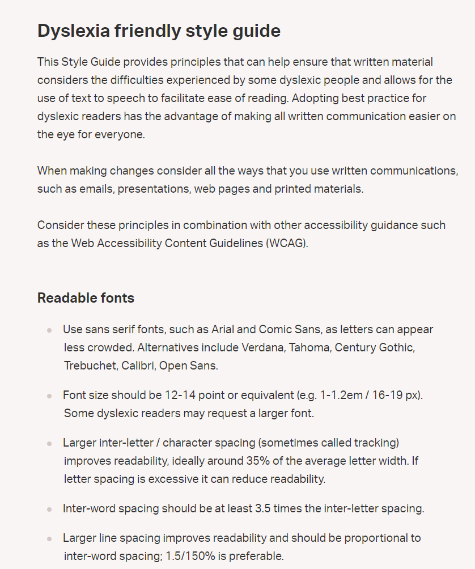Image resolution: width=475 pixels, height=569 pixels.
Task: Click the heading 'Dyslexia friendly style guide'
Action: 159,31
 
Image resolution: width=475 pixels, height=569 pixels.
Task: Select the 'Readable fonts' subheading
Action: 86,298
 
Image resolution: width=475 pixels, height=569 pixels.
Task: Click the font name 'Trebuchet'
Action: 90,366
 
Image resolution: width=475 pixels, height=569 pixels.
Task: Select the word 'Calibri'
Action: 137,366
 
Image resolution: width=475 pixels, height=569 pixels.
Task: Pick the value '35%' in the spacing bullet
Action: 257,461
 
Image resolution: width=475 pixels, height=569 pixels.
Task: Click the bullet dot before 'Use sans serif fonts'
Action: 49,330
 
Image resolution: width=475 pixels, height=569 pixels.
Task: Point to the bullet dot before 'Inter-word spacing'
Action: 49,509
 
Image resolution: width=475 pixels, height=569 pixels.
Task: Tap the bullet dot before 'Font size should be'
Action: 49,396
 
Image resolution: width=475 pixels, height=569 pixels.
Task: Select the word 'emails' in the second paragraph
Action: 95,189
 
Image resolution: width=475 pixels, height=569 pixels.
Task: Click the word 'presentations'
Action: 154,189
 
